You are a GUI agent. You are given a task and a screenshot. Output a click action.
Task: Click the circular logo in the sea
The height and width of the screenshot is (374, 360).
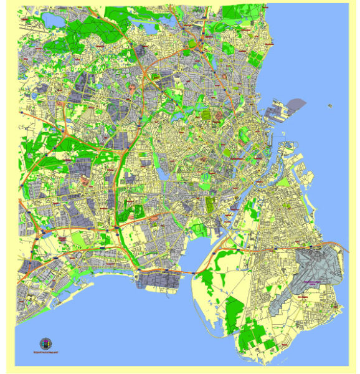[x=46, y=343]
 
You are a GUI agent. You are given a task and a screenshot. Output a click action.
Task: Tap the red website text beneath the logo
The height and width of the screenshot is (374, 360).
[x=46, y=352]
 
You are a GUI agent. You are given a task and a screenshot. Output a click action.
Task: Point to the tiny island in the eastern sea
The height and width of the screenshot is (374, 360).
[x=329, y=106]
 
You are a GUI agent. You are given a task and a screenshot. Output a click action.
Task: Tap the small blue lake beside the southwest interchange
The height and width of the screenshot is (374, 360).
[x=44, y=227]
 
